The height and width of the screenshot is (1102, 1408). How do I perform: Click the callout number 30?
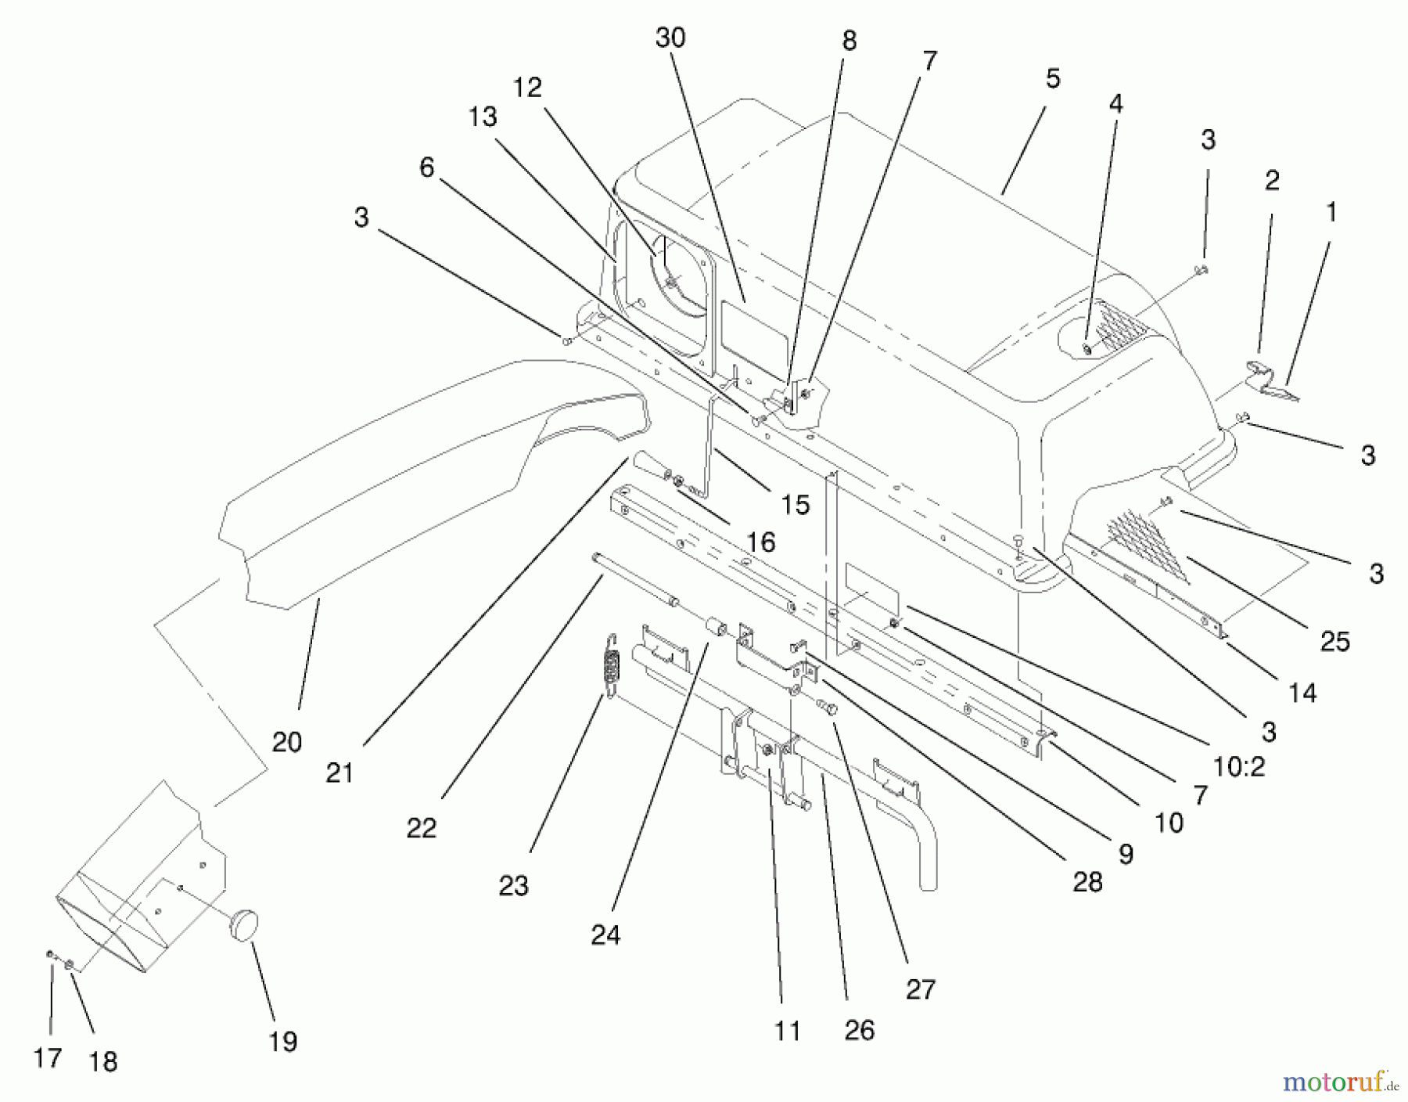pos(670,38)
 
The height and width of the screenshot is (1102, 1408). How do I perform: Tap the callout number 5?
pos(1052,79)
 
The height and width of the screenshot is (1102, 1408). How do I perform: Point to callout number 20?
pos(287,741)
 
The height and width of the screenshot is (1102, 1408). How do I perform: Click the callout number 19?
pos(283,1042)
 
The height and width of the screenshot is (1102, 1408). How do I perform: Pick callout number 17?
pos(48,1058)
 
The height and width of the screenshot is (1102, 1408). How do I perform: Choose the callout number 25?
pos(1335,641)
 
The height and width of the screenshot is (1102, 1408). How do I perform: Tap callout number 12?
pos(528,88)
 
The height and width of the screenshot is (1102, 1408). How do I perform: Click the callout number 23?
pos(514,885)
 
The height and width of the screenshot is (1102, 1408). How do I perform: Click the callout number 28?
pos(1088,882)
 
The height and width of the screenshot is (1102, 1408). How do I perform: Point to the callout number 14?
pos(1302,692)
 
